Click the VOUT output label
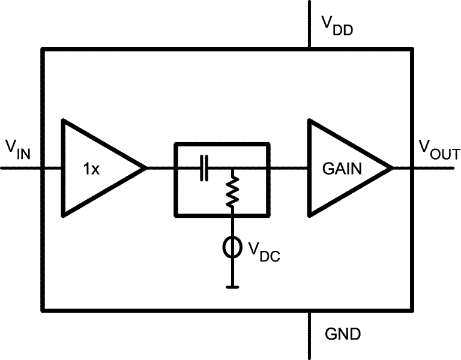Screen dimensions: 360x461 (x=438, y=148)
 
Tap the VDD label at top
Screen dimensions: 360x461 (x=336, y=25)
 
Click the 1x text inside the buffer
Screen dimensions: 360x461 (x=91, y=169)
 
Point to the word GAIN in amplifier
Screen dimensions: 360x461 (x=342, y=169)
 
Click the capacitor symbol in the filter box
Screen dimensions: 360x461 (x=205, y=168)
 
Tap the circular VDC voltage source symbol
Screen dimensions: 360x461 (x=232, y=247)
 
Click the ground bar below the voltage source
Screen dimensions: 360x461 (x=232, y=287)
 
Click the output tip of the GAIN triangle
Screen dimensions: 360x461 (x=392, y=168)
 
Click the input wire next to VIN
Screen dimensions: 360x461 (x=21, y=168)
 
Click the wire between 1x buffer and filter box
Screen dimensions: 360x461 (x=160, y=168)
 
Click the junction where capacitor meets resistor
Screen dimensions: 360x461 (x=232, y=168)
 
